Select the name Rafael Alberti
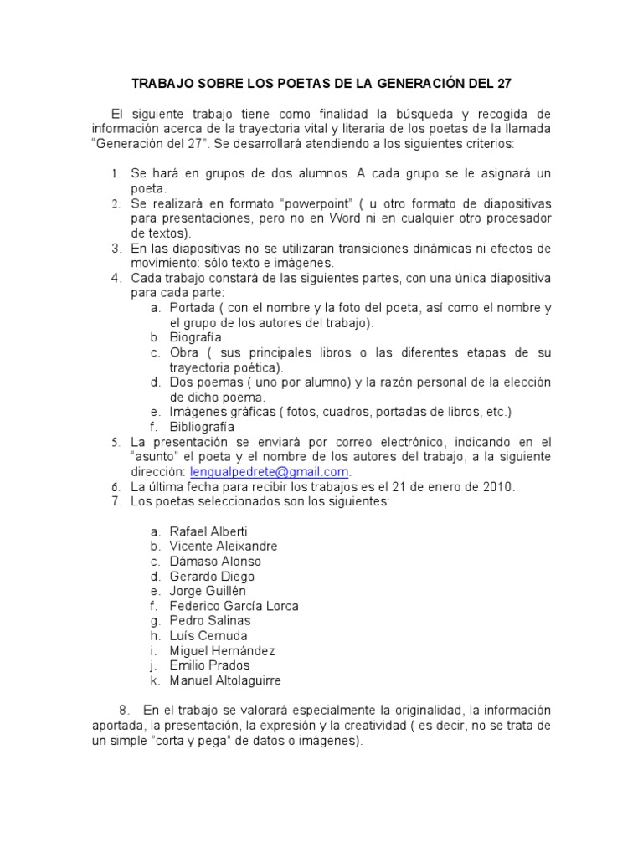click(208, 531)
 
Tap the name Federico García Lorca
click(234, 606)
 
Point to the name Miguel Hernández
click(222, 650)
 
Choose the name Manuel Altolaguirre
click(225, 680)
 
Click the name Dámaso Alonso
click(215, 562)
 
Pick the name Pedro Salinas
click(209, 621)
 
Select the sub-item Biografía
click(197, 336)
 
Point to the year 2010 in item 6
click(497, 487)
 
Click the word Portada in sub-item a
click(192, 307)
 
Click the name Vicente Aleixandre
click(224, 547)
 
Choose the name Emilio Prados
click(209, 665)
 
